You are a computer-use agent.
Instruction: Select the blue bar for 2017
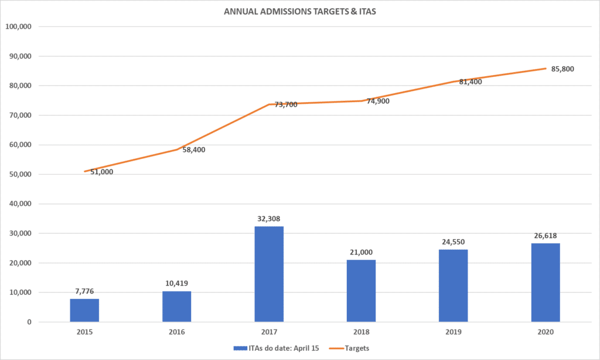click(269, 274)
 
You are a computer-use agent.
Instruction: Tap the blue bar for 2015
click(84, 310)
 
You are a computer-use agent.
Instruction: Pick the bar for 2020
click(546, 282)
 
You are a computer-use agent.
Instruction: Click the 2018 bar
click(361, 290)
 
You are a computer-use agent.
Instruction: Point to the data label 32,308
click(269, 219)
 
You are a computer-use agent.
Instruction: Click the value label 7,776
click(84, 291)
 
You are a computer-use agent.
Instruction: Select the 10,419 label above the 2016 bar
click(176, 284)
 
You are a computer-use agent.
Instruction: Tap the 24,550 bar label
click(454, 242)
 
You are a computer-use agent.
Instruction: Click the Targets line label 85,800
click(562, 69)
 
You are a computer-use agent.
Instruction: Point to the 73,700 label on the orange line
click(285, 104)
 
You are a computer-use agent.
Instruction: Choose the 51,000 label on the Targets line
click(102, 172)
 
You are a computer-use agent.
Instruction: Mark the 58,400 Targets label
click(194, 150)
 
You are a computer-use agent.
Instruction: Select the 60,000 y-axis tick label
click(23, 145)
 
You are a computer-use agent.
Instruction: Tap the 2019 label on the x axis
click(454, 332)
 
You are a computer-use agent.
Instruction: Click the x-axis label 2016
click(176, 332)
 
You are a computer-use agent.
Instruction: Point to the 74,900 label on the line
click(378, 101)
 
